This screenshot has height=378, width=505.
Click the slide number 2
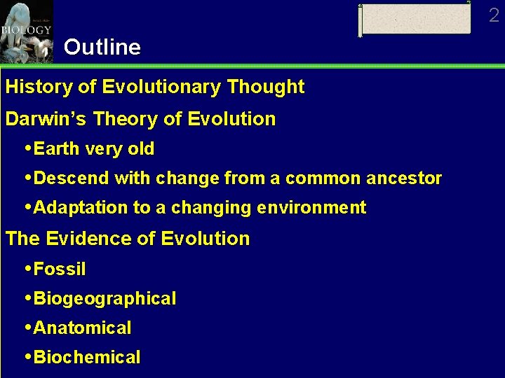point(494,15)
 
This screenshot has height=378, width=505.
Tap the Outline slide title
point(102,47)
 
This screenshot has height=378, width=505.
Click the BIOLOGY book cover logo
point(27,31)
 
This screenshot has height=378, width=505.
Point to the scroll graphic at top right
point(415,19)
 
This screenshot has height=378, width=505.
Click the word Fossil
point(60,269)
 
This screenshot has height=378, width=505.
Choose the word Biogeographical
point(105,299)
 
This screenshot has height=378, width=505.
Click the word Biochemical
point(87,358)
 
